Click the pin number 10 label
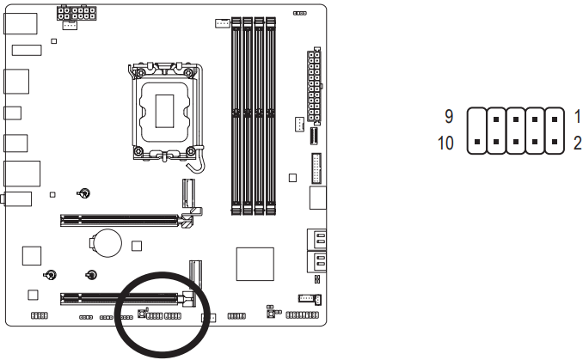click(445, 142)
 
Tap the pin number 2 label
click(578, 142)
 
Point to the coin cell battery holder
click(107, 241)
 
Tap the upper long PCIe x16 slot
click(120, 220)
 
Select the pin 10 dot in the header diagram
click(476, 141)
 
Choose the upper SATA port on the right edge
click(316, 241)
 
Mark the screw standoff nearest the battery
click(90, 275)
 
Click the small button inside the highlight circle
click(141, 315)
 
